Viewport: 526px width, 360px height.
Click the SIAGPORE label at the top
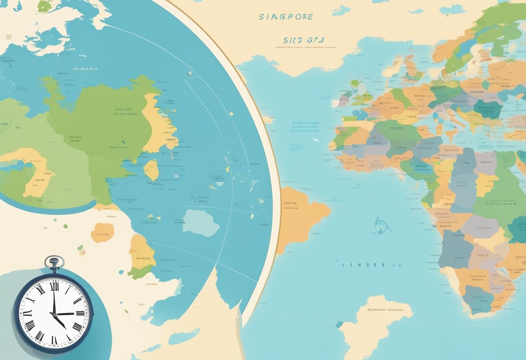[x=285, y=17]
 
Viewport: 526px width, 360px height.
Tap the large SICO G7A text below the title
[x=304, y=40]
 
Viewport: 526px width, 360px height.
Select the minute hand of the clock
[x=54, y=299]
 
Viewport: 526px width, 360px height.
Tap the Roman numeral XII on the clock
[x=54, y=286]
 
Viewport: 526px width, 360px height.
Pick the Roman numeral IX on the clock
[x=27, y=314]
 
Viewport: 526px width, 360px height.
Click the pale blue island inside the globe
[x=200, y=223]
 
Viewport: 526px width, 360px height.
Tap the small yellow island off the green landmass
[x=151, y=170]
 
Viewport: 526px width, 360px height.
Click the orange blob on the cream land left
[x=103, y=232]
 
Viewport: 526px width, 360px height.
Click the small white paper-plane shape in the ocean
[x=317, y=140]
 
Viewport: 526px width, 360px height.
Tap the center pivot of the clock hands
[x=55, y=314]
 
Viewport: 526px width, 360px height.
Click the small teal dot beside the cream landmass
[x=340, y=324]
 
